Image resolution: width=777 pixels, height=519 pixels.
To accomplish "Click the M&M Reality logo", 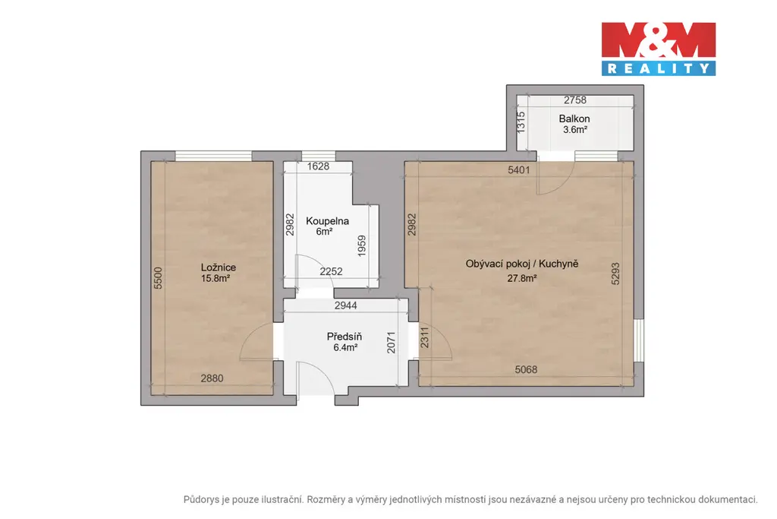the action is (659, 49).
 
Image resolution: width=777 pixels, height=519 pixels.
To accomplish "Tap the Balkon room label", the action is (574, 119).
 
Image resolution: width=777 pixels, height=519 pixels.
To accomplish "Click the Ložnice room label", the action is (219, 267).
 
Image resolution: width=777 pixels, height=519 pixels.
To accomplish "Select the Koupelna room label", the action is (327, 221).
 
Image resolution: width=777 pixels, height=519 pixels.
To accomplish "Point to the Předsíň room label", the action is (344, 337).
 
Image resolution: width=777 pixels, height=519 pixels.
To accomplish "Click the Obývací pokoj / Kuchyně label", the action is (522, 264).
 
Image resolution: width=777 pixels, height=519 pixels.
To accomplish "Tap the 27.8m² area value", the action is (522, 278).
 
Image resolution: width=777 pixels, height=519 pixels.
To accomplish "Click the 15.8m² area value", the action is (215, 278).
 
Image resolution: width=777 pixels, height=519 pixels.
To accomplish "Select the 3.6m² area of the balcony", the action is (575, 130).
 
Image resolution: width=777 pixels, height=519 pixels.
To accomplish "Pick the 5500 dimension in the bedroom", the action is (158, 278).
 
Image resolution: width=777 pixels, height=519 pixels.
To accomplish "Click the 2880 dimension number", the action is (212, 378).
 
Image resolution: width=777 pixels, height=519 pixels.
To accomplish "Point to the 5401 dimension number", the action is (519, 169).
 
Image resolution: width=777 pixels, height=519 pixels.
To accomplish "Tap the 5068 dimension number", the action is (526, 369).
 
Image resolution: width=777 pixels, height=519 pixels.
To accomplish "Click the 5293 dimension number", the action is (615, 274).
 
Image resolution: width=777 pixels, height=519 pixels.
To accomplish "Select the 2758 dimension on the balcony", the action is (575, 100).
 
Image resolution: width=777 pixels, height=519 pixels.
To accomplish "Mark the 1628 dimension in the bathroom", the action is (318, 166).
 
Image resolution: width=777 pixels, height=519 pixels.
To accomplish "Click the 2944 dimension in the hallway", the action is (345, 305).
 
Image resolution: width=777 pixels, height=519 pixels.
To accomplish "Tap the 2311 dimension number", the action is (425, 337).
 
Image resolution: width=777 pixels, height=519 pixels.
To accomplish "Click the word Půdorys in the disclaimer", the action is (201, 500).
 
